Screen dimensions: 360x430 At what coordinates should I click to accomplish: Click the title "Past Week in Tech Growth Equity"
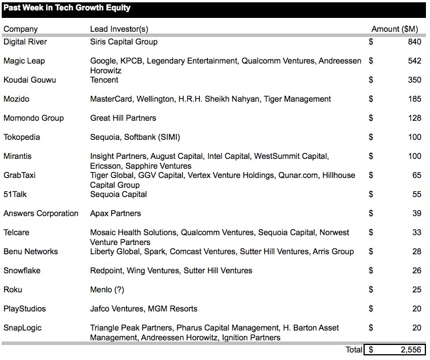click(67, 8)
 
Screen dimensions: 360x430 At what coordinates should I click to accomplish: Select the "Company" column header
click(20, 29)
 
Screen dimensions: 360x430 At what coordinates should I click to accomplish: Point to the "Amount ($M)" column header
click(396, 29)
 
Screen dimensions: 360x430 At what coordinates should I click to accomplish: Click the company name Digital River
click(25, 42)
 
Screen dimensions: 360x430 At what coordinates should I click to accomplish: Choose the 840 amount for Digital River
click(414, 42)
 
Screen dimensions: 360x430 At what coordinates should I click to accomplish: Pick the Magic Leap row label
click(24, 61)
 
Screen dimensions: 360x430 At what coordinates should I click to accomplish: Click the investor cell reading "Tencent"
click(104, 80)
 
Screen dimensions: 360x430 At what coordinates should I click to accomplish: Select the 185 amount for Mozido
click(414, 99)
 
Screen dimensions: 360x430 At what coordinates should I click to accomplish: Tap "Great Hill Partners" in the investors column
click(123, 118)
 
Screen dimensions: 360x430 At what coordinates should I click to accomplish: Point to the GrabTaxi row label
click(20, 175)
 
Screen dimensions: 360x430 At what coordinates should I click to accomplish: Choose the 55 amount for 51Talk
click(416, 194)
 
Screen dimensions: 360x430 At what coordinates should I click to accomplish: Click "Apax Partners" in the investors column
click(116, 213)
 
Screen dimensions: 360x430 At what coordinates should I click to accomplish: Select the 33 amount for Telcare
click(416, 232)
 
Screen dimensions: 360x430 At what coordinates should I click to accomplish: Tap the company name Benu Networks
click(31, 251)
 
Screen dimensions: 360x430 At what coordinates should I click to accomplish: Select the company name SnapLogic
click(23, 328)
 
